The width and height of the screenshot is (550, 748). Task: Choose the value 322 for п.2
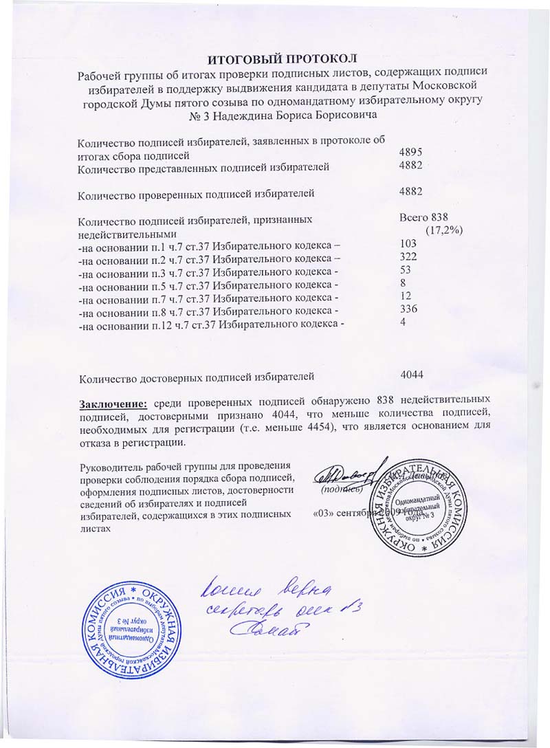click(408, 256)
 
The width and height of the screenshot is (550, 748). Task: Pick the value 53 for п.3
click(406, 269)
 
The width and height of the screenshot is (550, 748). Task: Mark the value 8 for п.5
click(402, 282)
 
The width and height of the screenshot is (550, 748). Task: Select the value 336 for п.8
click(408, 309)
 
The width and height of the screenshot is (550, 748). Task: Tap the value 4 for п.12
click(402, 322)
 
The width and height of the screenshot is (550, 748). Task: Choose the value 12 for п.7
click(406, 296)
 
